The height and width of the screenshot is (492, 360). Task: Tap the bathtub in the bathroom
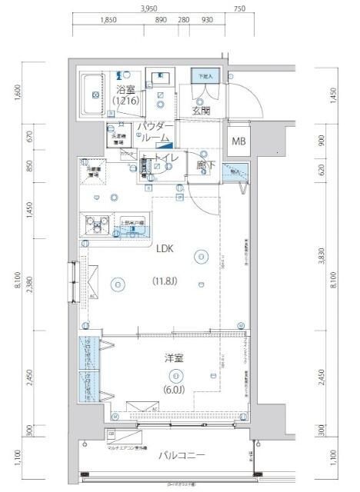pyautogui.click(x=94, y=95)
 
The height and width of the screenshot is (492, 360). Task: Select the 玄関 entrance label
pyautogui.click(x=202, y=110)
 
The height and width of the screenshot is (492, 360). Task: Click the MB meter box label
pyautogui.click(x=240, y=142)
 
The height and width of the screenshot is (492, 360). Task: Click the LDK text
pyautogui.click(x=165, y=249)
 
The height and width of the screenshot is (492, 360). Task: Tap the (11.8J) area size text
pyautogui.click(x=165, y=281)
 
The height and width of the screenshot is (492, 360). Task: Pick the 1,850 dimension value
pyautogui.click(x=108, y=21)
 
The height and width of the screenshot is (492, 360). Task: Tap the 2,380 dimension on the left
pyautogui.click(x=29, y=284)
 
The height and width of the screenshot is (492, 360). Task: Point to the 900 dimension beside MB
pyautogui.click(x=322, y=141)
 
